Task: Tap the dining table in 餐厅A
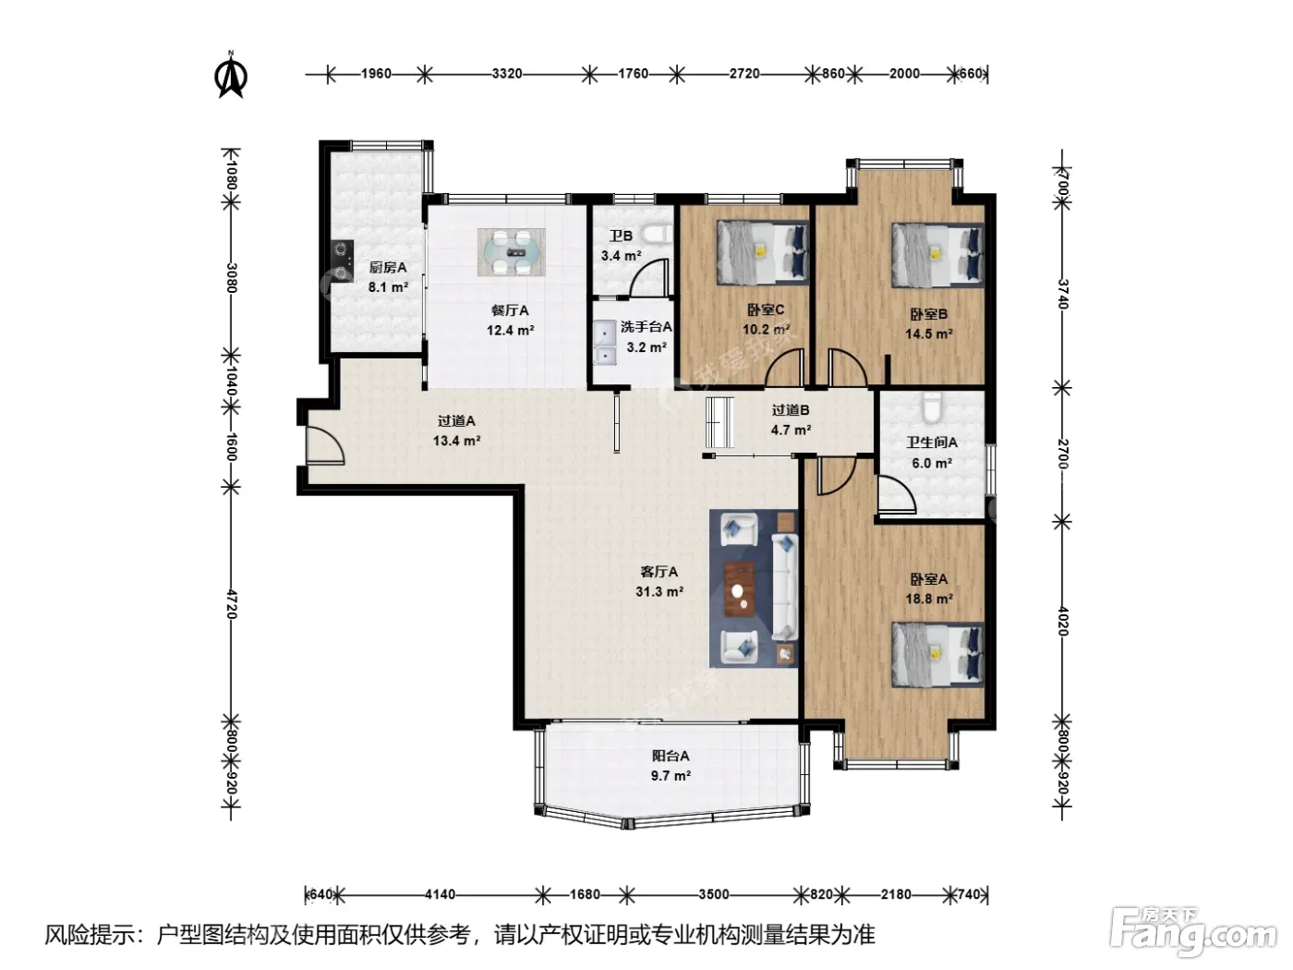512,252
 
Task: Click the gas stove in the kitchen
342,261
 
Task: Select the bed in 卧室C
763,252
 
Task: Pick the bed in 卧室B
937,255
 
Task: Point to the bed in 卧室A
937,655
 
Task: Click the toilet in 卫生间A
931,407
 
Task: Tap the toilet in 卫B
658,234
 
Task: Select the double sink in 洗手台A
605,343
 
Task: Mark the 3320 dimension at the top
507,74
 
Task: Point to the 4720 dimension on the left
231,603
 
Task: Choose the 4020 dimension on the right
1062,622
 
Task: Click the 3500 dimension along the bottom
714,894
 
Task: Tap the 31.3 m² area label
659,591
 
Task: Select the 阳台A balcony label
671,756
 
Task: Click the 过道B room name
791,410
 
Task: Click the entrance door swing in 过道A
325,445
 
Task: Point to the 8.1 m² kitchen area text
388,287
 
